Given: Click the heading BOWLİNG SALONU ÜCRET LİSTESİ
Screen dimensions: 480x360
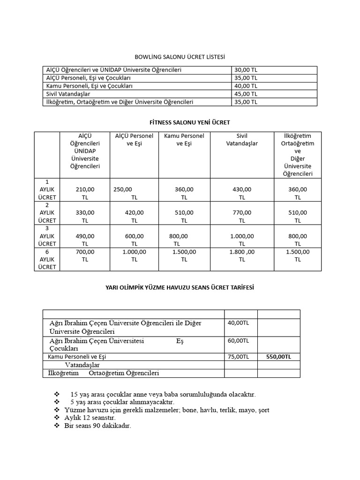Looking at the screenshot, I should [180, 57].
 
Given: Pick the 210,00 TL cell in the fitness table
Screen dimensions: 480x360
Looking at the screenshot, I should [85, 193].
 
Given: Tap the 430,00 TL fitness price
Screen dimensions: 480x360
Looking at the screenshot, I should [242, 193].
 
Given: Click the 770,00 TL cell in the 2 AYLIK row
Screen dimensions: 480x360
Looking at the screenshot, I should [242, 216].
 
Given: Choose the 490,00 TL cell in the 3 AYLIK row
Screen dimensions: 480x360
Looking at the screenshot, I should [85, 240].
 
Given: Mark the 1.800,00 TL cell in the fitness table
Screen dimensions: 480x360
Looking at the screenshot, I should [242, 255].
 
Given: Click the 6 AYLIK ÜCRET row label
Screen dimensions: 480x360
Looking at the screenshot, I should [47, 259].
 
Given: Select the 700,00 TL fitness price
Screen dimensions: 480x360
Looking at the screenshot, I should [85, 255].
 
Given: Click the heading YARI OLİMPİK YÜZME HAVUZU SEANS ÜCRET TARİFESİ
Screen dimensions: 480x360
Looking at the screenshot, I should [180, 287].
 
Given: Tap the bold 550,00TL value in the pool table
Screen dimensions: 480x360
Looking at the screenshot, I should [278, 357].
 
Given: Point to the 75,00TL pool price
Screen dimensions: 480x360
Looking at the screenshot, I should [238, 357].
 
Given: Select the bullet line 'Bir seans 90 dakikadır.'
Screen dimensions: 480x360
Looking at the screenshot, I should [97, 426].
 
